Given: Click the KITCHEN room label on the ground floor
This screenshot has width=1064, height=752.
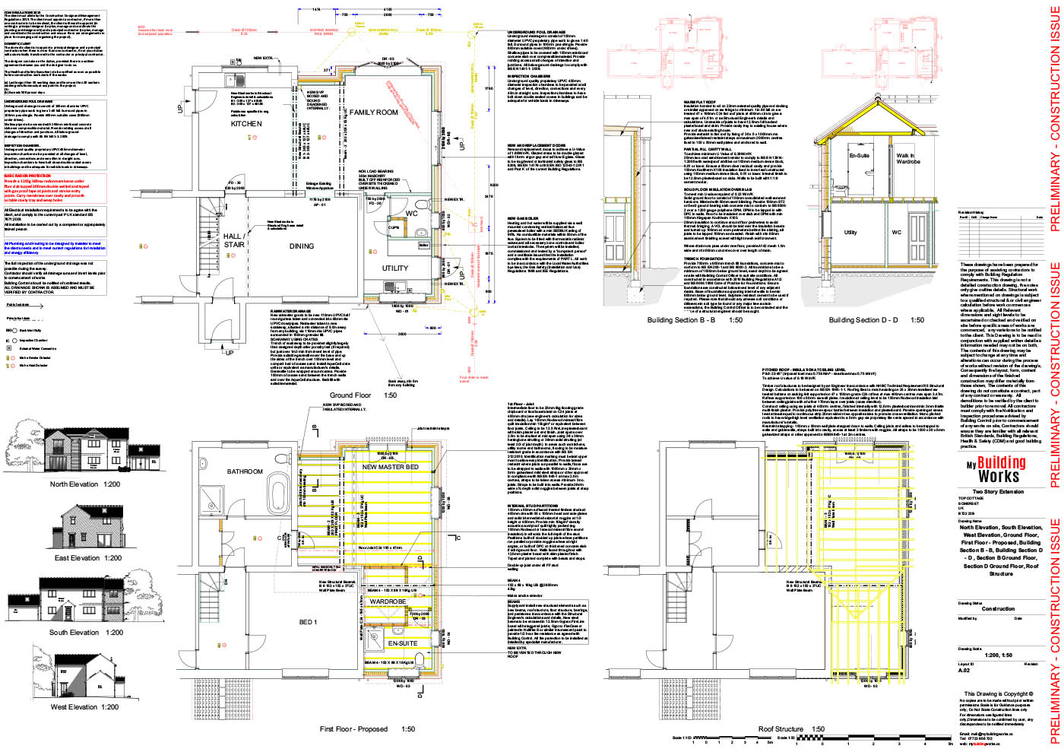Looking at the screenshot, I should click(246, 123).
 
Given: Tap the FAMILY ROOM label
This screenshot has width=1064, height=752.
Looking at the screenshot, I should click(373, 113).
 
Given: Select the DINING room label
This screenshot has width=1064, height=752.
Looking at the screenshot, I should click(302, 246).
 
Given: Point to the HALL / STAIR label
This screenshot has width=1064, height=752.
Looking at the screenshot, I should click(234, 240).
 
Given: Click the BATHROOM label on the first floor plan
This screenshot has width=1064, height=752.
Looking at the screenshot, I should click(245, 471).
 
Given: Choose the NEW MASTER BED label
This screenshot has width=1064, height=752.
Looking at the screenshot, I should click(390, 467).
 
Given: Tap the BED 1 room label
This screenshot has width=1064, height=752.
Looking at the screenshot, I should click(308, 622).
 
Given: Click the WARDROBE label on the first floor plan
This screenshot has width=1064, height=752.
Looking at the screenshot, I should click(388, 601).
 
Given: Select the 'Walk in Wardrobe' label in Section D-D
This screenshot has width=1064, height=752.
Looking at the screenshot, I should click(907, 158).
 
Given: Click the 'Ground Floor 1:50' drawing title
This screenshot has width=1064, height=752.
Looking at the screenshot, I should click(363, 395).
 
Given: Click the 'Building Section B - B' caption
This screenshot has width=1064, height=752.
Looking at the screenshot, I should click(695, 320).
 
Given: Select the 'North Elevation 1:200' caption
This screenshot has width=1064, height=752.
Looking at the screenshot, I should click(84, 484).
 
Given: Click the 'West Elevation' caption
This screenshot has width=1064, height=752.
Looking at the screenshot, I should click(84, 707).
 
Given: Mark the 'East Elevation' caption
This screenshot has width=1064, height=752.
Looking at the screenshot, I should click(87, 558).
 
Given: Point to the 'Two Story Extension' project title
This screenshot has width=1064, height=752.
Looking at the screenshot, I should click(998, 492).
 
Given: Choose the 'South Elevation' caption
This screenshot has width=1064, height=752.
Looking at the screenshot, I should click(86, 633).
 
